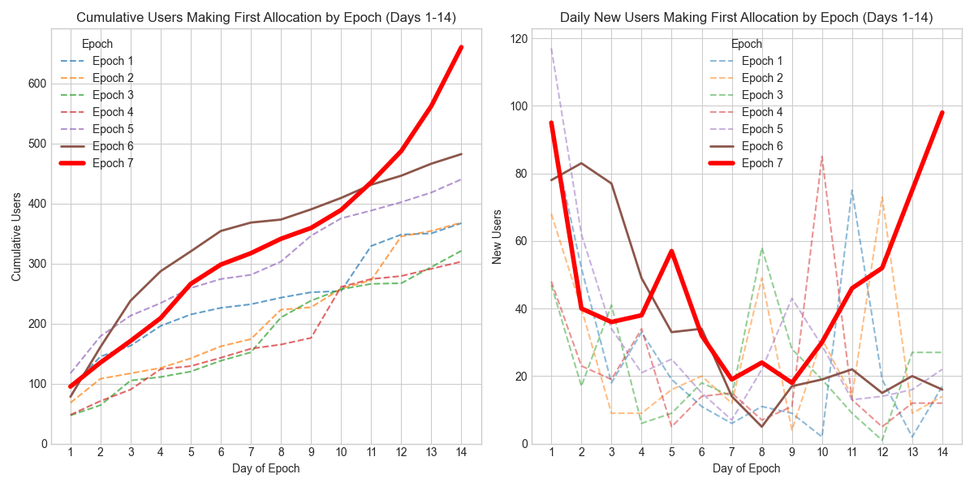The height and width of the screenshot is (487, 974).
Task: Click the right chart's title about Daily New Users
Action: coord(747,17)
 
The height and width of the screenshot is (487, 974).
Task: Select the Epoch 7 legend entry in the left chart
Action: coord(113,163)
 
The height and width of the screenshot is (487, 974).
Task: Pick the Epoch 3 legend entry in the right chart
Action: coord(762,95)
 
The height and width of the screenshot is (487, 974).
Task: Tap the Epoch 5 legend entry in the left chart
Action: coord(113,129)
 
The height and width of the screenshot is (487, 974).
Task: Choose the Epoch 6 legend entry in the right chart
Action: coord(762,146)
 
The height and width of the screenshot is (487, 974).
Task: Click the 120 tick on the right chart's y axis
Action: coord(515,39)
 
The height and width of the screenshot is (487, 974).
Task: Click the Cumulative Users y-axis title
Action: coord(16,237)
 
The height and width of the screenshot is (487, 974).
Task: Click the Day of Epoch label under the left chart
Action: coord(265,468)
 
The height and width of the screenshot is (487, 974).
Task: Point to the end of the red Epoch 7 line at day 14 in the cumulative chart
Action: coord(461,47)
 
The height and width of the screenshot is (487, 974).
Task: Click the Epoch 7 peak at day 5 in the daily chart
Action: coord(671,251)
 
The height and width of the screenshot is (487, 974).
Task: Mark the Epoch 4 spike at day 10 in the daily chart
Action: coord(821,157)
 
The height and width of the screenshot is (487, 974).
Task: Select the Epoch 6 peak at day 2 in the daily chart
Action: coord(581,163)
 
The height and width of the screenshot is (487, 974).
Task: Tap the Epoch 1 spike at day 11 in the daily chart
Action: coord(851,190)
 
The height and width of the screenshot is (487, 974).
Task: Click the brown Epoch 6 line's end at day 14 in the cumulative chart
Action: coord(461,154)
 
